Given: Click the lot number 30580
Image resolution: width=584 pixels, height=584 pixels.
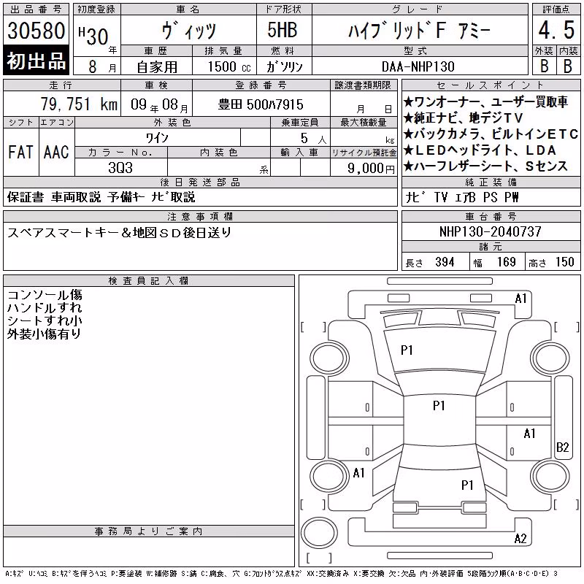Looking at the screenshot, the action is pos(36,31).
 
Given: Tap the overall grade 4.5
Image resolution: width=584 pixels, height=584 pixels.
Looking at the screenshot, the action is pos(556,30).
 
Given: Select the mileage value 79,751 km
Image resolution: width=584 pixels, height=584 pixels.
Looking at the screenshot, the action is pos(79,104).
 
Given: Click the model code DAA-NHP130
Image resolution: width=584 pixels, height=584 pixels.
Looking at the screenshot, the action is pos(418,66).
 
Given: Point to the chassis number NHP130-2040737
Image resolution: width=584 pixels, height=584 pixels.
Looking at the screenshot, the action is pos(490,231).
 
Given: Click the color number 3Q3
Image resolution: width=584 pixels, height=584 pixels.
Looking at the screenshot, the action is pos(120,168).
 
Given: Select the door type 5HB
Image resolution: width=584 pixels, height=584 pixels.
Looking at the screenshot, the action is pos(283,30).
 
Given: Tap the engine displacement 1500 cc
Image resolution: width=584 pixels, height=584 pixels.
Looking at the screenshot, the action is pos(229,66).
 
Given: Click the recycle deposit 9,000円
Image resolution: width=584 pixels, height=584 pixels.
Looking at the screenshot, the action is pos(371,169).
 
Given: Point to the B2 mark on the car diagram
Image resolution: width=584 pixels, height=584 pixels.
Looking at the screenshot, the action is pos(562,447).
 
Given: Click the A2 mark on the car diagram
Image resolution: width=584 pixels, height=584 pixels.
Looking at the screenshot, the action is pos(520,539).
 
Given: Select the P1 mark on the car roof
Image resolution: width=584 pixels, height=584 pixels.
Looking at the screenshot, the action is pos(439,405).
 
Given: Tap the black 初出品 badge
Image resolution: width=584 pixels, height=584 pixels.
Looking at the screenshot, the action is pos(36,61).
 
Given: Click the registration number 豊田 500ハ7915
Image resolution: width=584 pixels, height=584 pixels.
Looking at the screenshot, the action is pos(261,104).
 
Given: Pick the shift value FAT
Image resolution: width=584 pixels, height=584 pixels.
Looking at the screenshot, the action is pos(20,153).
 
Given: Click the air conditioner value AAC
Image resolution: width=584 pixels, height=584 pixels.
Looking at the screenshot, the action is pos(56,153).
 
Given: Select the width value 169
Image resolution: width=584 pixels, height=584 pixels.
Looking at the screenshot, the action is pos(507,262).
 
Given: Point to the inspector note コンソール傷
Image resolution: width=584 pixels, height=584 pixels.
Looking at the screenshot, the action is pos(45,295).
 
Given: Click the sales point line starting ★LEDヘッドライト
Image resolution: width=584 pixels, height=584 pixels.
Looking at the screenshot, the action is pos(480,150).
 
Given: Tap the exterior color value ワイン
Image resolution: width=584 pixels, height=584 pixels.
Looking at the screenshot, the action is pos(157,138).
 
